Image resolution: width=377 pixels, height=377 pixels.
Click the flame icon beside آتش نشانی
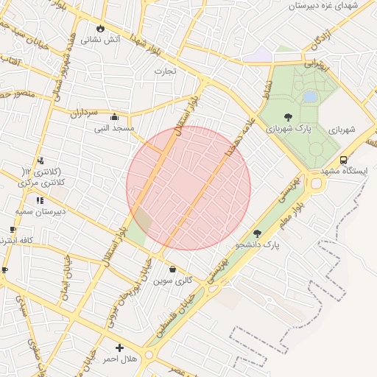tap(99, 28)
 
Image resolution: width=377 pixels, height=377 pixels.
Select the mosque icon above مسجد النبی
tap(114, 116)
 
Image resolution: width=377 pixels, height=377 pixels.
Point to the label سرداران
tap(85, 114)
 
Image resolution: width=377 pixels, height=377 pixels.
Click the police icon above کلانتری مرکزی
tap(39, 160)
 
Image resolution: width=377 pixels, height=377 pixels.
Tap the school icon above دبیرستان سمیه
tap(39, 200)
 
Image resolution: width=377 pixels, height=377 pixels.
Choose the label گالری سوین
tap(173, 281)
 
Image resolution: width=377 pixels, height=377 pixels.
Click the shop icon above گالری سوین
tap(172, 269)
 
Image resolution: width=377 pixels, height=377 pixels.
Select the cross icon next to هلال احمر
tap(120, 348)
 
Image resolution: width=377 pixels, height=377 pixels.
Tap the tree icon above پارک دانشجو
tap(257, 233)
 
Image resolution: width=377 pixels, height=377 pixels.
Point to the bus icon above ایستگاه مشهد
tap(344, 161)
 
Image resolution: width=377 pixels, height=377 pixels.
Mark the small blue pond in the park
tap(311, 96)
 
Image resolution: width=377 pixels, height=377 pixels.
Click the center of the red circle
tap(188, 188)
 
